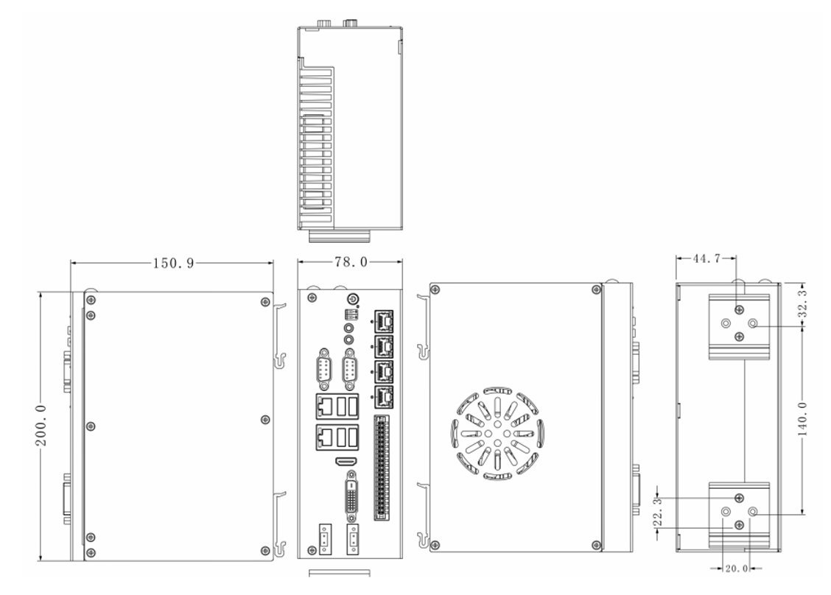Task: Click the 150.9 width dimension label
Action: click(x=173, y=263)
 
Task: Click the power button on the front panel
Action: click(x=352, y=299)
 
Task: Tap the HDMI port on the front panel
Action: click(x=346, y=461)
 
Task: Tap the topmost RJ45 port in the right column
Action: click(x=384, y=320)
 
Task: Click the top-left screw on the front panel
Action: click(x=312, y=297)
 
